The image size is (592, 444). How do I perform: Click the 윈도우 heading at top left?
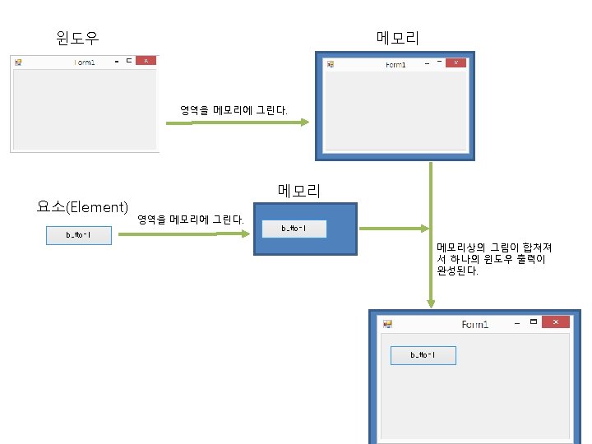(x=78, y=37)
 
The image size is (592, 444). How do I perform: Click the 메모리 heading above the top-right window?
(x=398, y=38)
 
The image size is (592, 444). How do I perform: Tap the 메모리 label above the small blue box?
(x=299, y=191)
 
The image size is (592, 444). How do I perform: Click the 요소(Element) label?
(x=82, y=206)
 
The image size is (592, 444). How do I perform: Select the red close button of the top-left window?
(x=146, y=61)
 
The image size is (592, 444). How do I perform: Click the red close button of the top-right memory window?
(x=456, y=63)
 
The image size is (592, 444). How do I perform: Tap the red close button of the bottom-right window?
(x=556, y=322)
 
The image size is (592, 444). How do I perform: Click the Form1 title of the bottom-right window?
(x=475, y=324)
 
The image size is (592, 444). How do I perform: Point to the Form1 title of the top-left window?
(x=85, y=62)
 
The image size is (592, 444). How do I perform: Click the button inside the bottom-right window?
(x=423, y=355)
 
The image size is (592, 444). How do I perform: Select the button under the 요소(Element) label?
(x=78, y=236)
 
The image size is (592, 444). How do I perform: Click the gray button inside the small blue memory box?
(x=294, y=229)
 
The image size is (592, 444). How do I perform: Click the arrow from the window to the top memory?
(x=238, y=123)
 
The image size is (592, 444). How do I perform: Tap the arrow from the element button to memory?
(x=190, y=233)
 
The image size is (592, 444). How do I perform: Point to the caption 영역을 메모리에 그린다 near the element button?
(x=191, y=220)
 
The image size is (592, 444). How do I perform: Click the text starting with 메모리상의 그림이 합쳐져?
(x=494, y=258)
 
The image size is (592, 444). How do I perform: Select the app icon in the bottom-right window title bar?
(x=386, y=324)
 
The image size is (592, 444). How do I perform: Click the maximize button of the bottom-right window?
(x=534, y=321)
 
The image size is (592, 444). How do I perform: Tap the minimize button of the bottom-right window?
(x=516, y=323)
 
